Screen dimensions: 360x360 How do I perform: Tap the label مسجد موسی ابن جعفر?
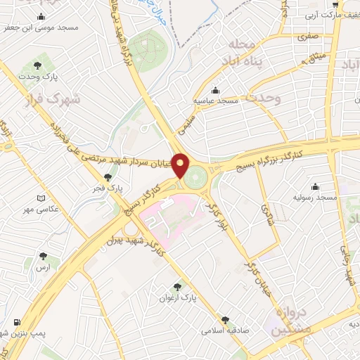point(41,27)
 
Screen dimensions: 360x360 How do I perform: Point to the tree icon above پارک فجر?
point(107,177)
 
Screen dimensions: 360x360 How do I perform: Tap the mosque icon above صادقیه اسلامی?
point(225,319)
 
